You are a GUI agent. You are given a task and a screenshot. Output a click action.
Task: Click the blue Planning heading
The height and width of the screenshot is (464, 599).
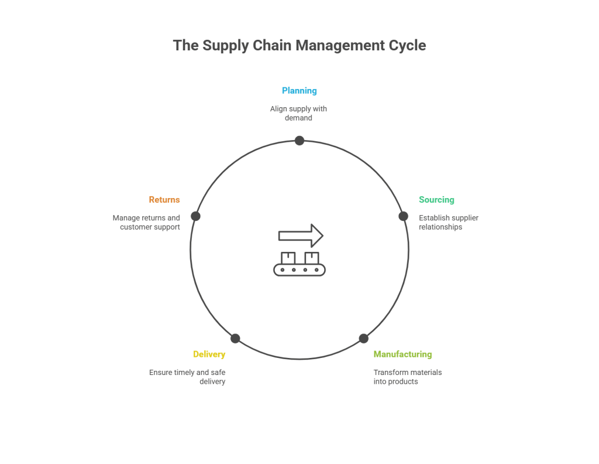[299, 91]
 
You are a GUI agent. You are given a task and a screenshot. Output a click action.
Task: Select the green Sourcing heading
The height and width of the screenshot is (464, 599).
[436, 200]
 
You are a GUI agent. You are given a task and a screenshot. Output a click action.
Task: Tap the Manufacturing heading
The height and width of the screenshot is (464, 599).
[402, 354]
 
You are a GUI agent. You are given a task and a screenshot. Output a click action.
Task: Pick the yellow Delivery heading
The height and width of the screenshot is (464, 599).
[209, 354]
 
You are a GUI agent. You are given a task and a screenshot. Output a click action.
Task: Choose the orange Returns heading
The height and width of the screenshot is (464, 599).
[164, 200]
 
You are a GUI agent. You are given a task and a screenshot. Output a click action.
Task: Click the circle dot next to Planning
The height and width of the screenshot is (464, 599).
[299, 141]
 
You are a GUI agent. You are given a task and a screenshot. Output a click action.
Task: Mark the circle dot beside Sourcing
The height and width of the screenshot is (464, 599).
[403, 216]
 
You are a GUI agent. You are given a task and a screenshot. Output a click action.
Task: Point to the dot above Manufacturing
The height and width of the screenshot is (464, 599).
[364, 338]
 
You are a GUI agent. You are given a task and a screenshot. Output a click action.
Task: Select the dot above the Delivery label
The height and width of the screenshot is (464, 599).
[235, 338]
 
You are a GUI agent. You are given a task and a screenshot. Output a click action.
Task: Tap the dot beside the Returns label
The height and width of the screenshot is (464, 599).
[196, 216]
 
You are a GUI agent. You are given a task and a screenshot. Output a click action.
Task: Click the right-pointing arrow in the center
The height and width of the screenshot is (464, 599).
[301, 236]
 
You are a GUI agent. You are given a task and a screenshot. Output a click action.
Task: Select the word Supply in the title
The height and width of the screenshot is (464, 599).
[225, 46]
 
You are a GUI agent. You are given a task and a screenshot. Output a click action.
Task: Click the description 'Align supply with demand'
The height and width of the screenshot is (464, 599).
[298, 114]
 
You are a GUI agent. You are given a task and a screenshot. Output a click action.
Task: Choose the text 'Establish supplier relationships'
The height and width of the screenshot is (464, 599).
[448, 223]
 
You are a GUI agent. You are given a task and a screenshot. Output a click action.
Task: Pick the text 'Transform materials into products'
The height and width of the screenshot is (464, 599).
[408, 377]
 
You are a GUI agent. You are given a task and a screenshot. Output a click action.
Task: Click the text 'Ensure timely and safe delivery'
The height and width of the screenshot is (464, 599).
[187, 377]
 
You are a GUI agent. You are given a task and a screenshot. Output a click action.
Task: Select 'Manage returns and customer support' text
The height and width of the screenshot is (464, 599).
[147, 223]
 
